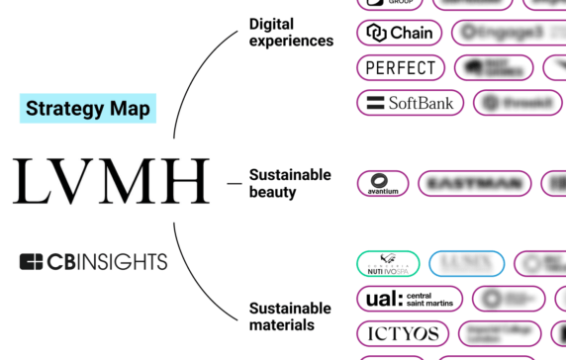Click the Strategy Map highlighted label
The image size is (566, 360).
coord(88,108)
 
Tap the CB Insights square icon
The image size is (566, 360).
coord(32,262)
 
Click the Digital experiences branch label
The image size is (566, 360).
coord(290,31)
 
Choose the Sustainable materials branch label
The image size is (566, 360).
coord(289,316)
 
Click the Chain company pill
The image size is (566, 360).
coord(400,33)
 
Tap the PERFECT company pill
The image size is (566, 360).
coord(400,67)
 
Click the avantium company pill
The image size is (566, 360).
coord(383,183)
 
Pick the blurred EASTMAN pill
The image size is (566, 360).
coord(474,183)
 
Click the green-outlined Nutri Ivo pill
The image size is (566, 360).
coord(387,264)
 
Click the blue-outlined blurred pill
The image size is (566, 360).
coord(466,264)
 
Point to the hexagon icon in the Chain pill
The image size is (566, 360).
coord(376,33)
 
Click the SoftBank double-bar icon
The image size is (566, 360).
coord(375,102)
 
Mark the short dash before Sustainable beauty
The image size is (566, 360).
coord(234,183)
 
